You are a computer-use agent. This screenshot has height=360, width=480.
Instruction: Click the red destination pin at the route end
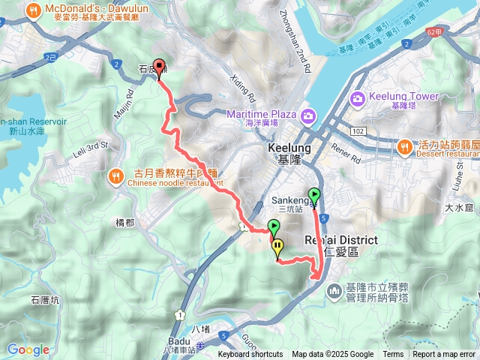point(158,67)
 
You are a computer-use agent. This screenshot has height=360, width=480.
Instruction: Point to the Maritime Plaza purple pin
point(307,115)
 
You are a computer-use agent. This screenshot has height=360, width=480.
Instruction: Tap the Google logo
point(28,349)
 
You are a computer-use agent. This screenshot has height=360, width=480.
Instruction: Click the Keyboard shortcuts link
point(250,355)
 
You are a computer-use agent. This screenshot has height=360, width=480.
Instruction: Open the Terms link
point(392,355)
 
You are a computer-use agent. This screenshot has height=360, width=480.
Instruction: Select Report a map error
point(443,355)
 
